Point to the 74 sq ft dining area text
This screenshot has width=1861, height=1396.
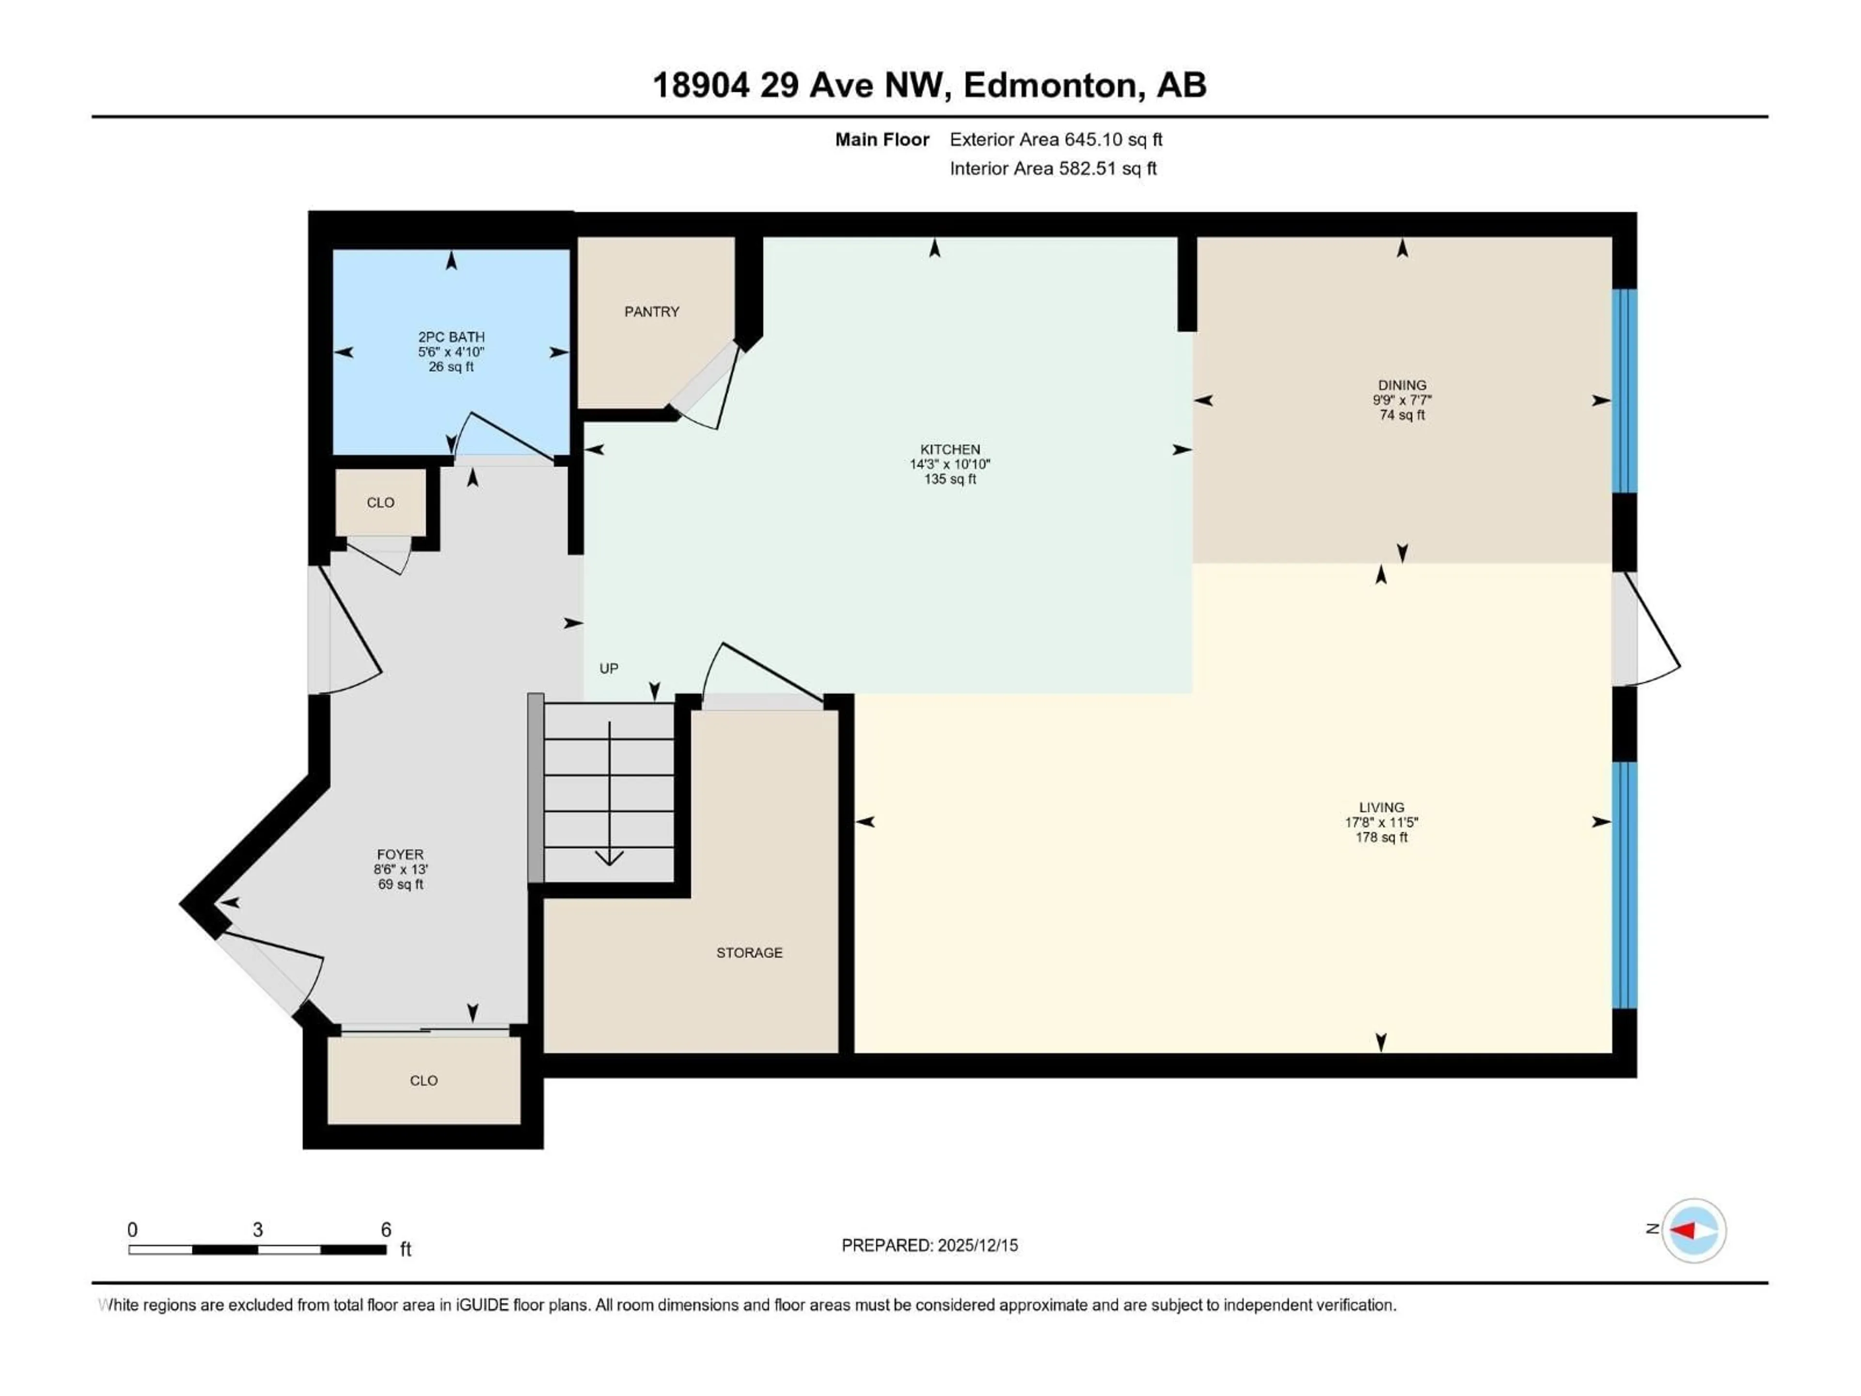point(1402,415)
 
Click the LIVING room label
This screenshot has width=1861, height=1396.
point(1381,807)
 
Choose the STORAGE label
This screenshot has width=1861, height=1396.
point(749,952)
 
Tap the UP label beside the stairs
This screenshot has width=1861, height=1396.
point(608,668)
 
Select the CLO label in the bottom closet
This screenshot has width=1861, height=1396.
point(423,1080)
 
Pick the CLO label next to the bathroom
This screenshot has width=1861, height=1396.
point(380,502)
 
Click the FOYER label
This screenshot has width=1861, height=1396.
point(400,854)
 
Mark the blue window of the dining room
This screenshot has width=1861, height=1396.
point(1624,390)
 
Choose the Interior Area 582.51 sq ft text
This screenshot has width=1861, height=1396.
point(1053,168)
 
